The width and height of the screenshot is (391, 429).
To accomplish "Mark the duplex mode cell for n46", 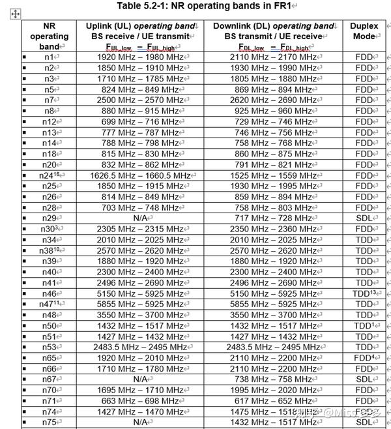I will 365,293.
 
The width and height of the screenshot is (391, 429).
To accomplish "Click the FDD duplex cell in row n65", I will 364,357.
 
